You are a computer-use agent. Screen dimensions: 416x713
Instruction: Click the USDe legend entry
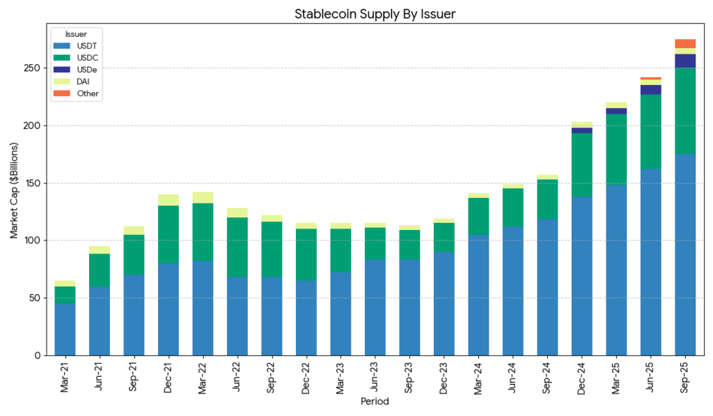77,70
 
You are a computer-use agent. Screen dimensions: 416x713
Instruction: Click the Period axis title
375,402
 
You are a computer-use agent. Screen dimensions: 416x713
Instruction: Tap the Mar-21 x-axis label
65,377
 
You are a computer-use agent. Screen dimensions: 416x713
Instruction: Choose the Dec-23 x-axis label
444,377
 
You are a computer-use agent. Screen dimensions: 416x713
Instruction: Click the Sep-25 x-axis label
685,377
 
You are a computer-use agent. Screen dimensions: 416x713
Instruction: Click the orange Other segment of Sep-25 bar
685,44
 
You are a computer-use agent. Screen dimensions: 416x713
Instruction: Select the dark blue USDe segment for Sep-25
685,61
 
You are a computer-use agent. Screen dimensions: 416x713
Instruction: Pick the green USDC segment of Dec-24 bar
582,165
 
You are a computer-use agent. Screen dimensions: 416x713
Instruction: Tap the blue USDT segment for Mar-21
65,329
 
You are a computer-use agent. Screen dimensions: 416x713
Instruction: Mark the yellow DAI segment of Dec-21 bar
169,200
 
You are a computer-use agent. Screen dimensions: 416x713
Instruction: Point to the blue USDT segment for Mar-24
478,295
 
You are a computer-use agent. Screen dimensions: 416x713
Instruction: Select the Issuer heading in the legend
75,33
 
